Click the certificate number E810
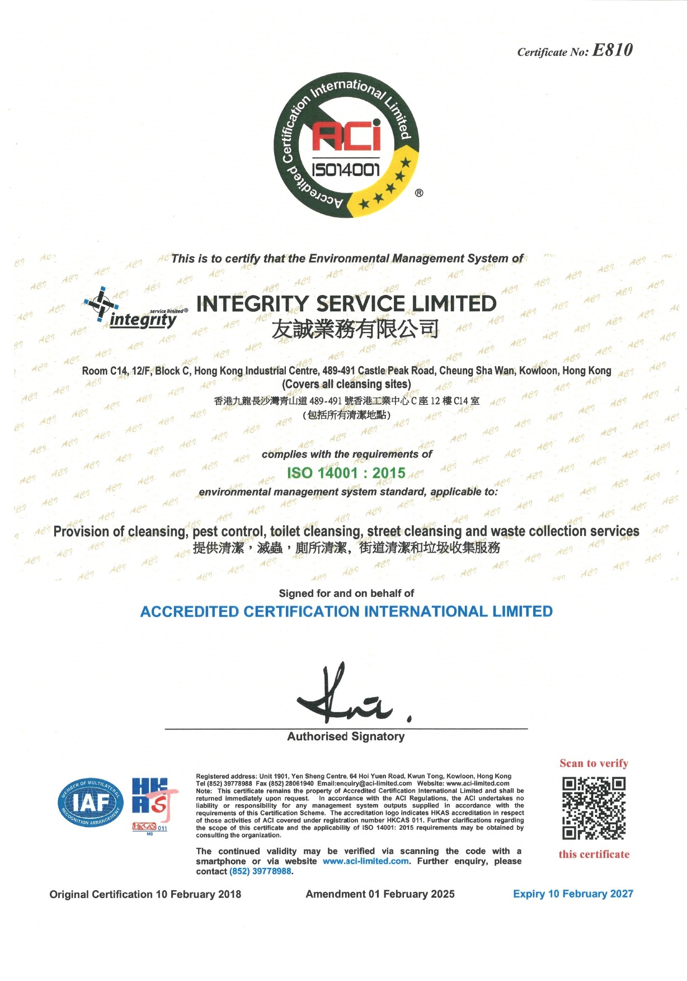coord(612,50)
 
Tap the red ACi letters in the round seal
coord(346,137)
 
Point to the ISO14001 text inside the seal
coord(346,170)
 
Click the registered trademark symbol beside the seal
coord(419,193)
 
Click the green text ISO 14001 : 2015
coord(346,473)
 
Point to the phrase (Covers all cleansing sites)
coord(346,385)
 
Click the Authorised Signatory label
coord(346,737)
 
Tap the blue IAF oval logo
coord(90,803)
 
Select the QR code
coord(594,808)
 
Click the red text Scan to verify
coord(594,764)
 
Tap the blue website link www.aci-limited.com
coord(365,861)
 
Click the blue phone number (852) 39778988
coord(260,871)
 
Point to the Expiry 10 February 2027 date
coord(573,894)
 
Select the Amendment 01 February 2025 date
coord(380,894)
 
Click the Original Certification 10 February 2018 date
coord(145,894)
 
